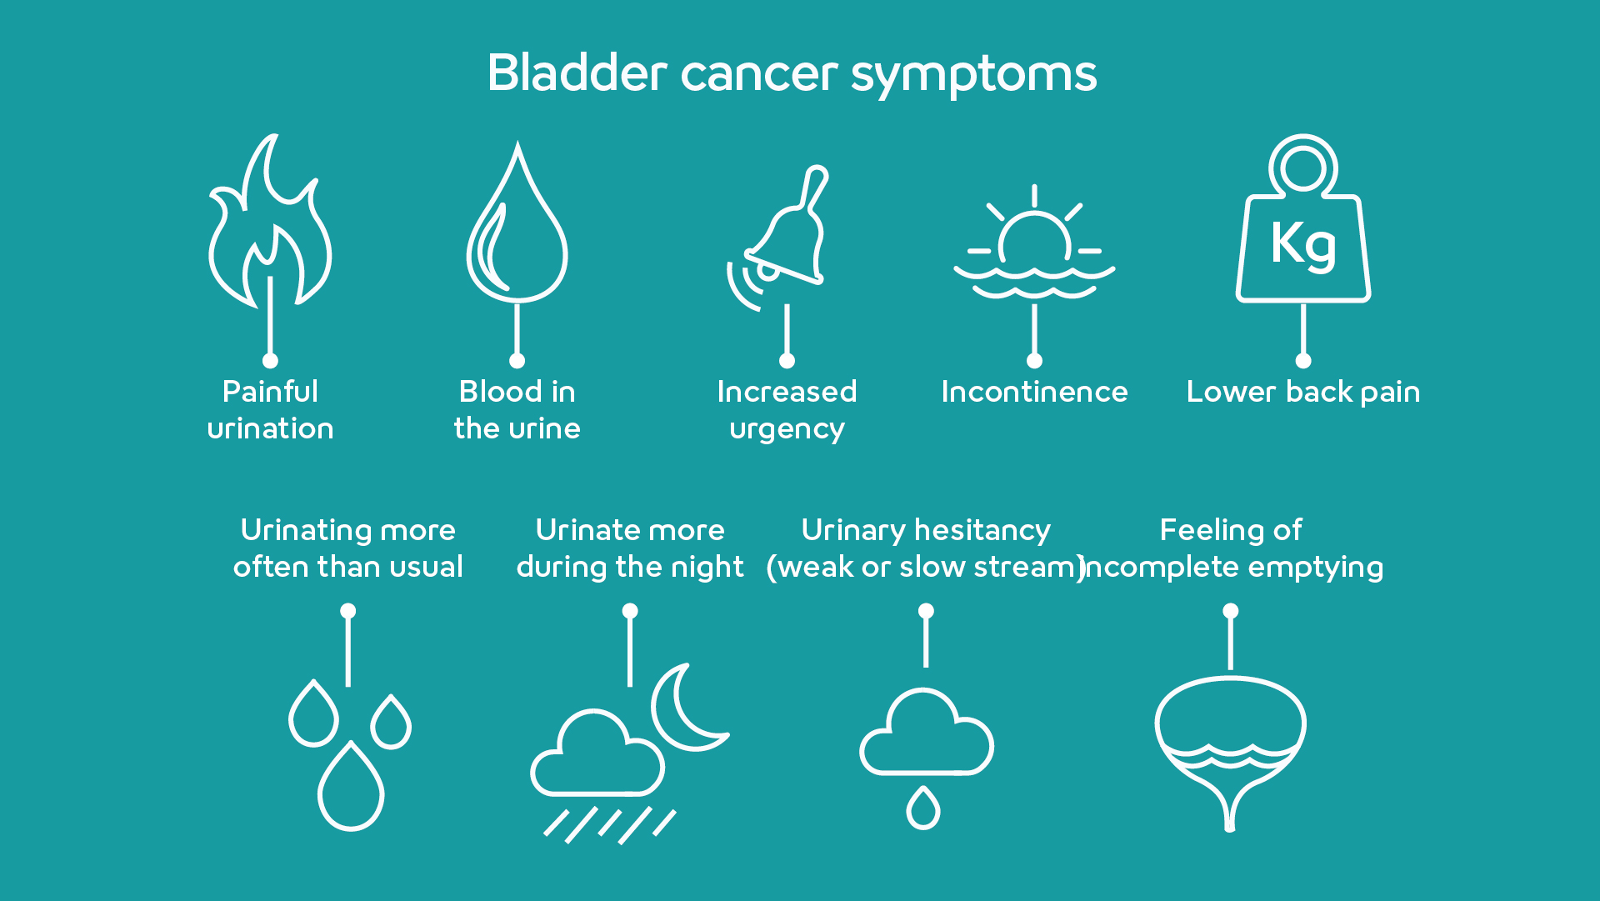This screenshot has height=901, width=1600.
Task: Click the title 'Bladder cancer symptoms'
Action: click(792, 73)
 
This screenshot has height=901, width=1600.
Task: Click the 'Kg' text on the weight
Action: click(1303, 244)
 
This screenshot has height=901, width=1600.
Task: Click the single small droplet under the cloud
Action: click(923, 808)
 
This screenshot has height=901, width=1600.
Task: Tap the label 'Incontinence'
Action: click(1034, 392)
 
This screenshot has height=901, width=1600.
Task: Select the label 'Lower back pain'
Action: click(1303, 392)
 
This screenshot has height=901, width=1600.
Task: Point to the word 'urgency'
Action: click(787, 430)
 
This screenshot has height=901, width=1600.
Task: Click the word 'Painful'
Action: click(270, 391)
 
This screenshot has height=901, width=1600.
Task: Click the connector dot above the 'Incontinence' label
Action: click(1034, 361)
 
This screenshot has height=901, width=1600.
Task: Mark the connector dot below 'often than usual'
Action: click(348, 611)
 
